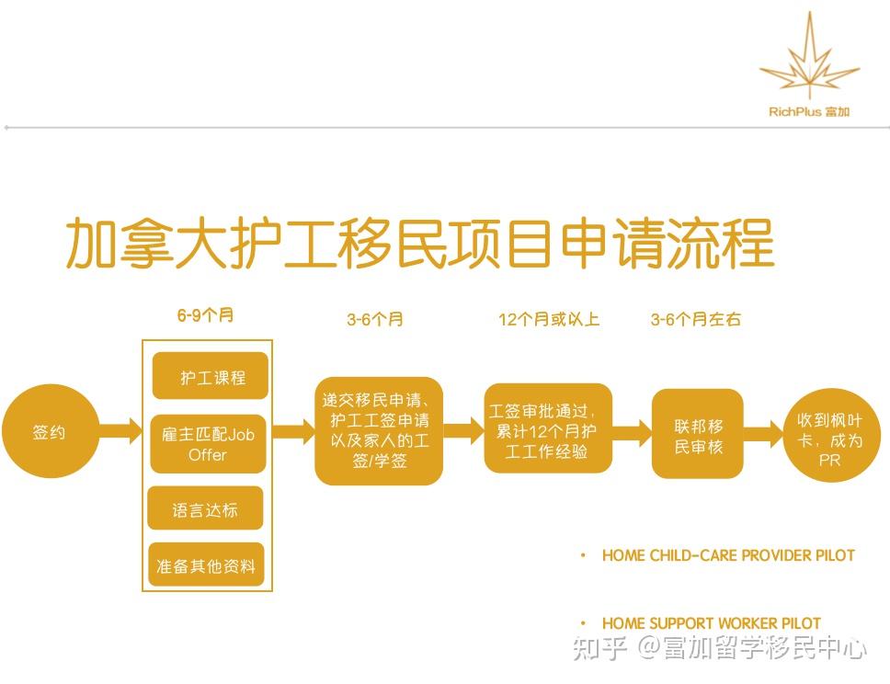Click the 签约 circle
pyautogui.click(x=50, y=431)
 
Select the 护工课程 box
pyautogui.click(x=210, y=376)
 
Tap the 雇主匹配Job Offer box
pyautogui.click(x=209, y=444)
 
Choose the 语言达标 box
pyautogui.click(x=205, y=508)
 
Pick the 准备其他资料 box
pyautogui.click(x=206, y=564)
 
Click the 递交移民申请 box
pyautogui.click(x=379, y=431)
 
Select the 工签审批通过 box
pyautogui.click(x=548, y=428)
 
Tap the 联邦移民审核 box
pyautogui.click(x=698, y=434)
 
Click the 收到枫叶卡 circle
pyautogui.click(x=830, y=436)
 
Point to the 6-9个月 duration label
pyautogui.click(x=205, y=315)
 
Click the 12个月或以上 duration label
pyautogui.click(x=549, y=320)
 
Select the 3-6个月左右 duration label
pyautogui.click(x=696, y=320)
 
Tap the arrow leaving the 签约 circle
pyautogui.click(x=120, y=431)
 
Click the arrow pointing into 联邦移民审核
pyautogui.click(x=633, y=433)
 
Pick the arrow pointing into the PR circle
pyautogui.click(x=763, y=434)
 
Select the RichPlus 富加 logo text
pyautogui.click(x=809, y=112)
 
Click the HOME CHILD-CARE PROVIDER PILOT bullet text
pyautogui.click(x=728, y=555)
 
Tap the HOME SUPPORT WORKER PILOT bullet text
pyautogui.click(x=712, y=623)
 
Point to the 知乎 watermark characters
pyautogui.click(x=599, y=648)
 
